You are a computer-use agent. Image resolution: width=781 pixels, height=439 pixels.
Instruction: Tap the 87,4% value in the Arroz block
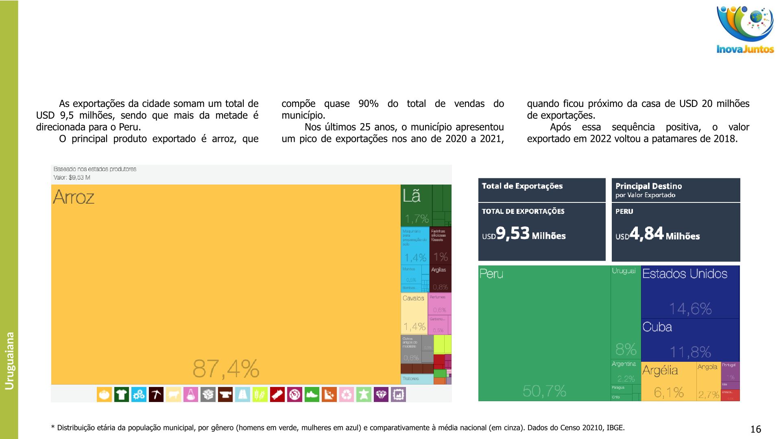(x=226, y=369)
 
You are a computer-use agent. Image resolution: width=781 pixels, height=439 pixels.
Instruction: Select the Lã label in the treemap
(x=411, y=196)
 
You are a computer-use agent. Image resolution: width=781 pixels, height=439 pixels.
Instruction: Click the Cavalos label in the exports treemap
(x=413, y=298)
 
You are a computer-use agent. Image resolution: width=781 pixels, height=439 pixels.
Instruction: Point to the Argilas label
(x=438, y=270)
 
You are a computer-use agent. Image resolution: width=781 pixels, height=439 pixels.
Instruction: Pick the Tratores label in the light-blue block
(x=410, y=379)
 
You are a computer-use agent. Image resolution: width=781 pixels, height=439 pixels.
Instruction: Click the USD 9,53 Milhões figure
(x=524, y=234)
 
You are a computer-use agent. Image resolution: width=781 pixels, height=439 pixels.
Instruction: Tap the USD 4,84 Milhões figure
(x=658, y=235)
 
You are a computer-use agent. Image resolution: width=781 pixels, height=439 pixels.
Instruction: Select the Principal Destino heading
(x=648, y=186)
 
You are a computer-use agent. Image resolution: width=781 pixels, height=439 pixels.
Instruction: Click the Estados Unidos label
(x=685, y=274)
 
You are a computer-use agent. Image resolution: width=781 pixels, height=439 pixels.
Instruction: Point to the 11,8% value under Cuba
(x=690, y=352)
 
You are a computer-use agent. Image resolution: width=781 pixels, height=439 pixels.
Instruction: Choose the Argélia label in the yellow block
(x=660, y=370)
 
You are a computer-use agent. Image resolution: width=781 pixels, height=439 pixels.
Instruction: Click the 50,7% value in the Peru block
(x=544, y=391)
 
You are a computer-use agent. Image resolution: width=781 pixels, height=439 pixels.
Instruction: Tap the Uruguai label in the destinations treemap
(x=624, y=271)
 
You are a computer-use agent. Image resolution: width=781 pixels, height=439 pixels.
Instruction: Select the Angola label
(x=707, y=367)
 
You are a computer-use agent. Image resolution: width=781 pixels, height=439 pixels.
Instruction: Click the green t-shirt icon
(x=121, y=394)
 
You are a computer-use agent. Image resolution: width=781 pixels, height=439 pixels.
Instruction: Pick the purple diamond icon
(x=381, y=394)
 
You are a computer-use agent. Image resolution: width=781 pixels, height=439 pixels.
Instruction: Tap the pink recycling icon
(x=346, y=394)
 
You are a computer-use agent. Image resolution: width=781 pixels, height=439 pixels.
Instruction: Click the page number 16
(x=755, y=429)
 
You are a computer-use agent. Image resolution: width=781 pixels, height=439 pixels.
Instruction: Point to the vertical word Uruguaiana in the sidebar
(x=9, y=361)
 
